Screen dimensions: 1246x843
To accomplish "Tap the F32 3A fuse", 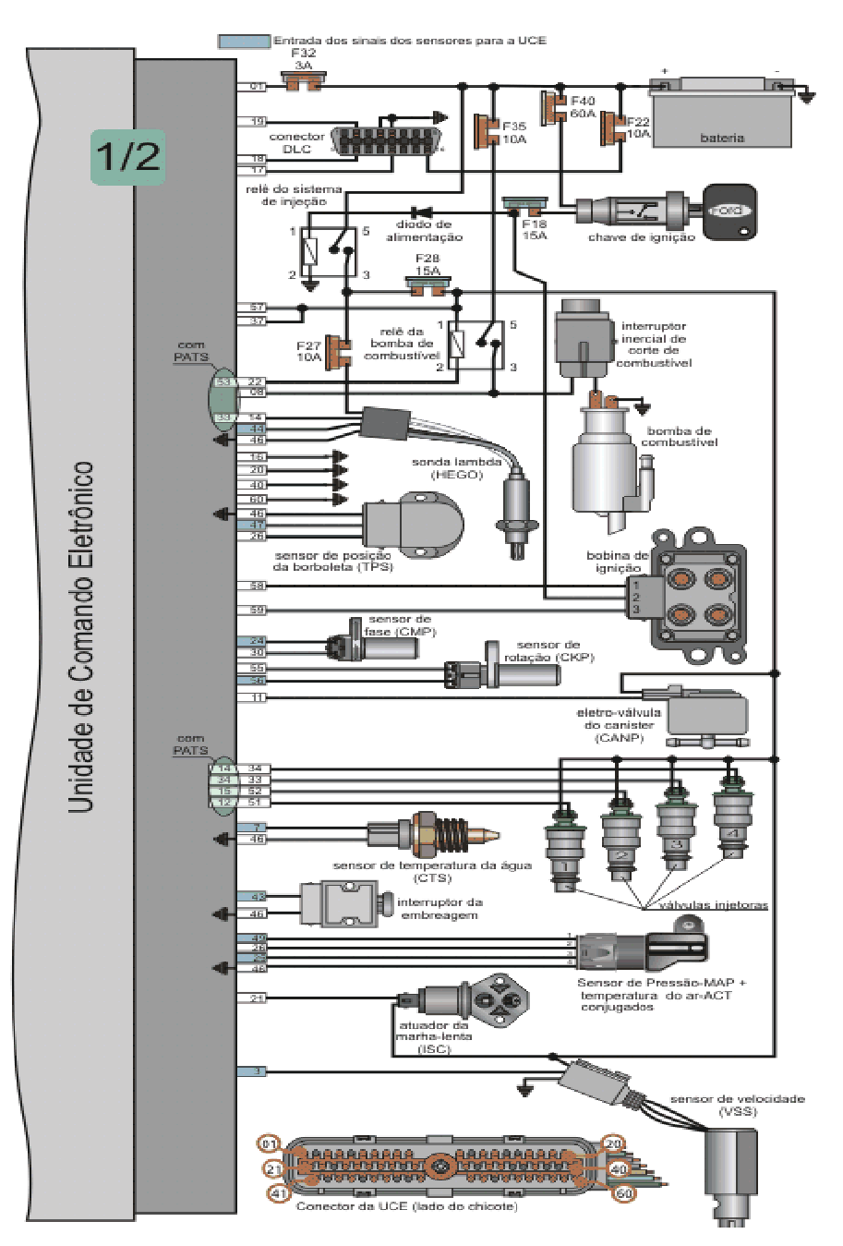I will [304, 85].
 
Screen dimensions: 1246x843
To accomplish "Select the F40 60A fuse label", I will [583, 107].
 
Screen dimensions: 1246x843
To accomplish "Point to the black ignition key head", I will [729, 212].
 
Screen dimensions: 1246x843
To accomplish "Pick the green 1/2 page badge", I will [127, 156].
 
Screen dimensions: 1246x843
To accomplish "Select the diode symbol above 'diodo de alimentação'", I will [424, 212].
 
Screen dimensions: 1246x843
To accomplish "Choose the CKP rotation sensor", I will [502, 674].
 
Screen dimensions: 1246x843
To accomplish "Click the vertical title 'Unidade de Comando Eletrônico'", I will [82, 637].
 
